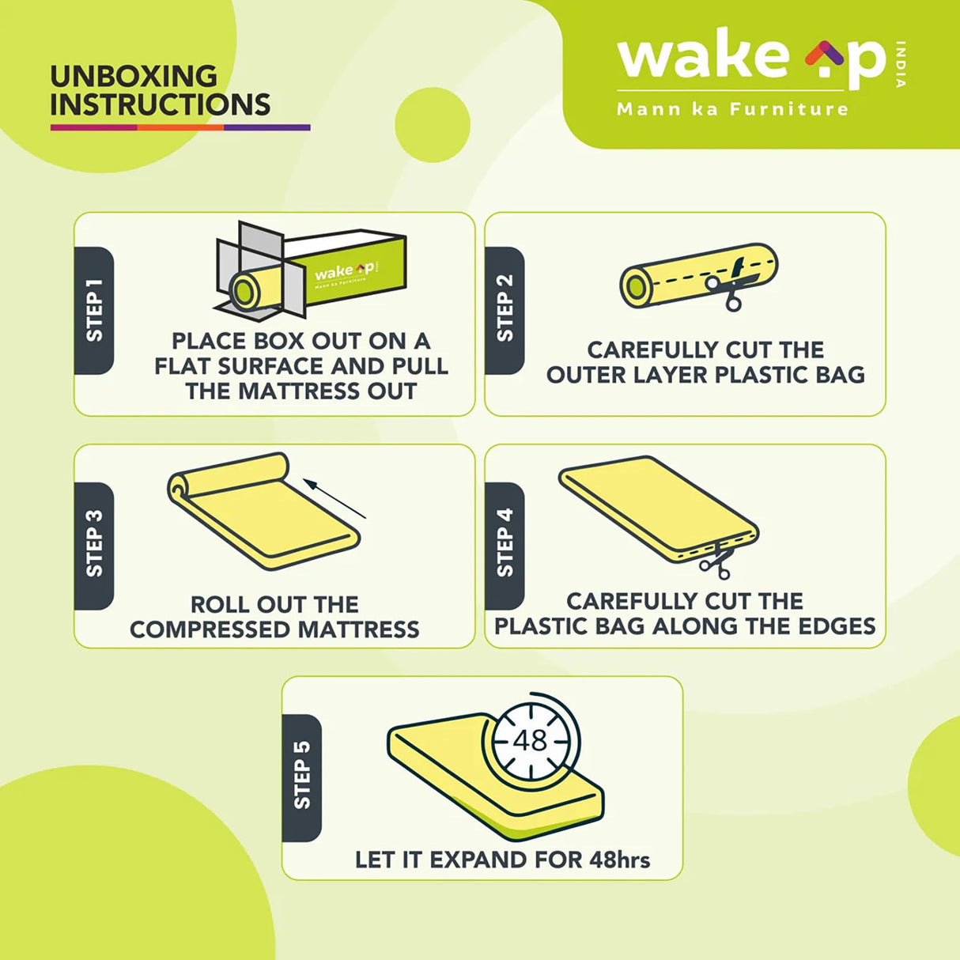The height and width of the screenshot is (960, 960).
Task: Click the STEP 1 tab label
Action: pyautogui.click(x=94, y=311)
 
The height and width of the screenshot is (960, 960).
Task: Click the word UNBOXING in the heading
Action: pyautogui.click(x=134, y=77)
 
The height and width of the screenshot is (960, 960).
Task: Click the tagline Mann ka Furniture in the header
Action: pyautogui.click(x=732, y=109)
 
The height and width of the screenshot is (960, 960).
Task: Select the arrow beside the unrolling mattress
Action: pyautogui.click(x=334, y=498)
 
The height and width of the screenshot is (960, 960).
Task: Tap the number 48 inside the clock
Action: pyautogui.click(x=530, y=740)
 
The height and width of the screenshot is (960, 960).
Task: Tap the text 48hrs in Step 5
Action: pyautogui.click(x=620, y=860)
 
